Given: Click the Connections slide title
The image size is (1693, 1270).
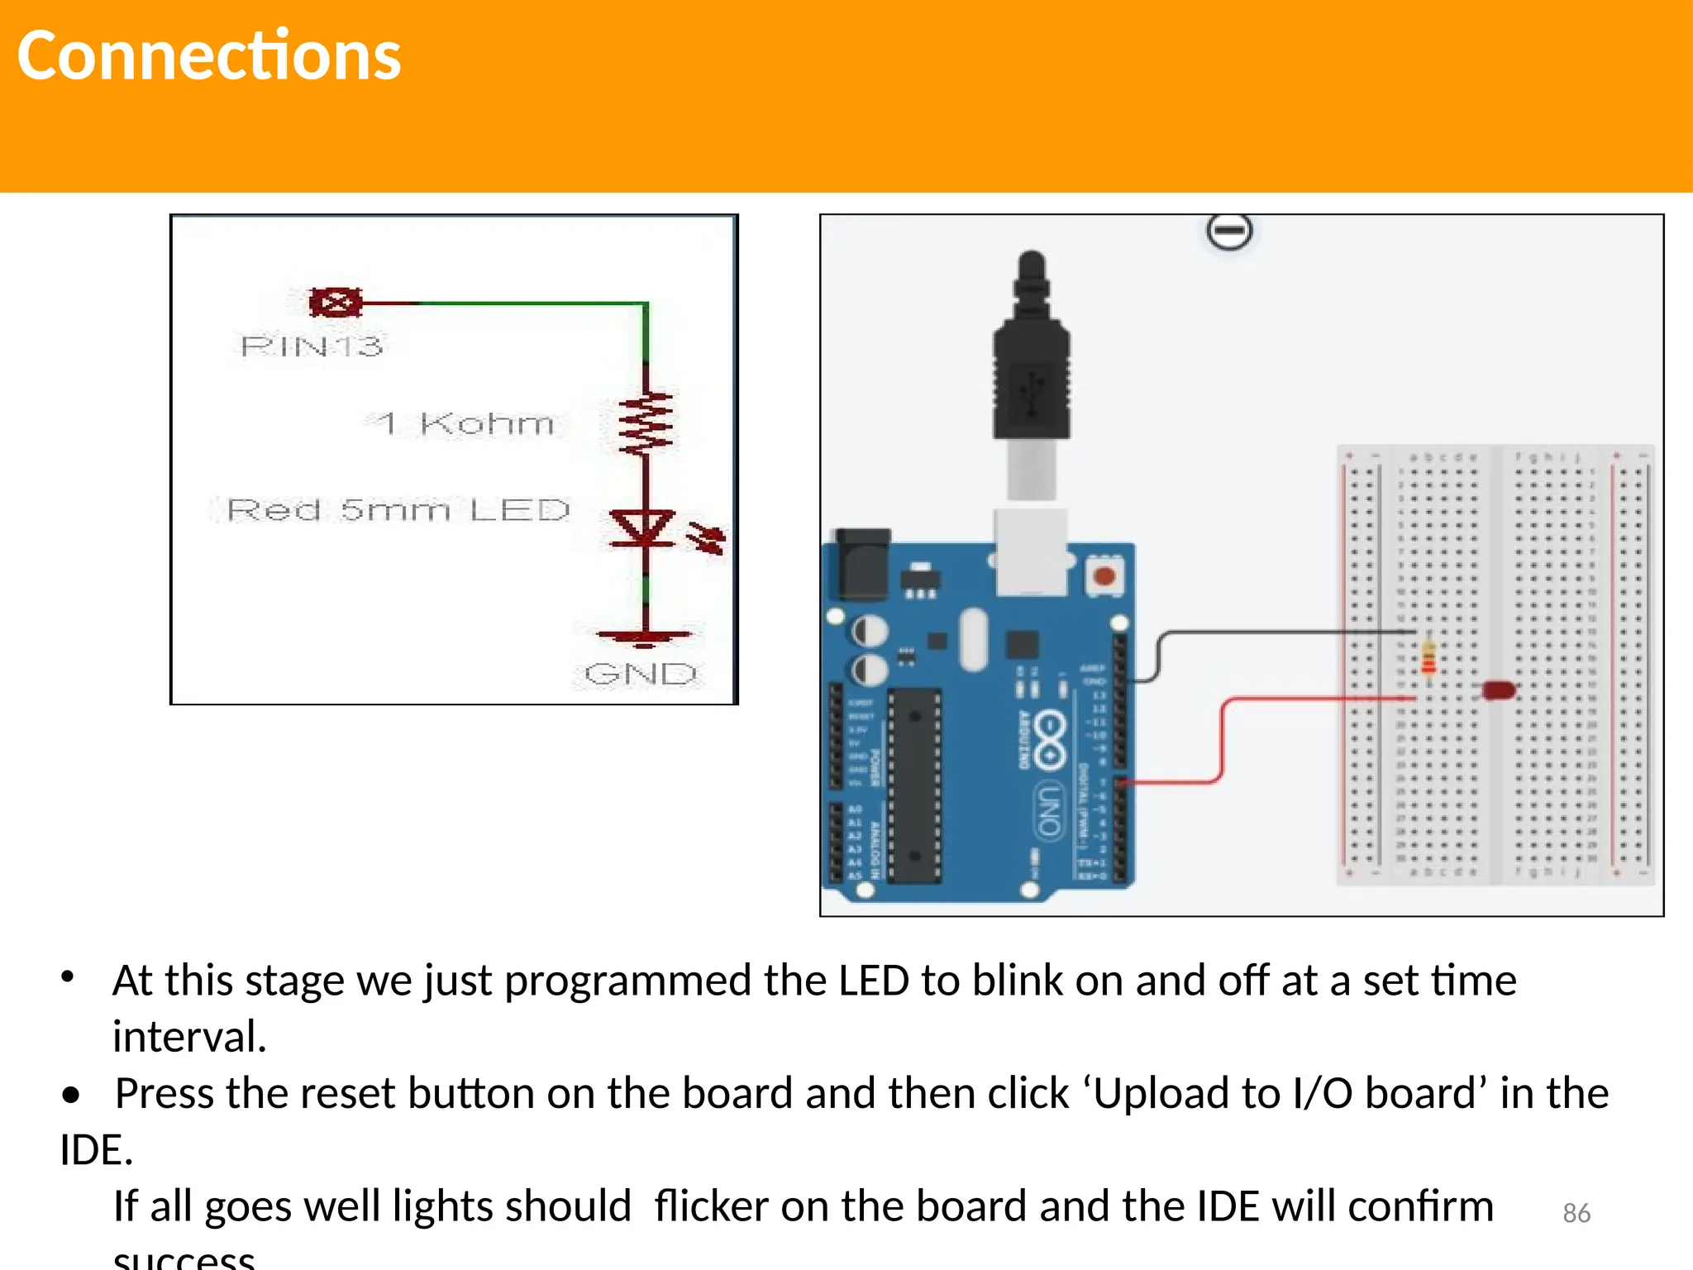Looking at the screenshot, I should [208, 56].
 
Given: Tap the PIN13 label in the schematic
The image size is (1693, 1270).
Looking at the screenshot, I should [312, 346].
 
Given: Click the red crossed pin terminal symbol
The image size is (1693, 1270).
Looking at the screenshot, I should [335, 303].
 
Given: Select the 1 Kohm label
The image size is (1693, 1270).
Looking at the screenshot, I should [460, 423].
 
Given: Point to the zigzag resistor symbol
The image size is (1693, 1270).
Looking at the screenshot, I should [646, 423].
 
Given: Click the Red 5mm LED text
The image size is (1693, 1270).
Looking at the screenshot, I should [398, 509].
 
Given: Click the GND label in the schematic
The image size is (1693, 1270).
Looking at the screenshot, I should [641, 674].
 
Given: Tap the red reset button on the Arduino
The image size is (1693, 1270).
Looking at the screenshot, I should [1104, 575].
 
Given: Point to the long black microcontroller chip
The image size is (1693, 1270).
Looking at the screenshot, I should [914, 785].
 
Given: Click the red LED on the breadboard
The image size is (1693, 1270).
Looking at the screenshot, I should [1498, 690].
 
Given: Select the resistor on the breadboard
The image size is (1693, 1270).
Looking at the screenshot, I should [1428, 658].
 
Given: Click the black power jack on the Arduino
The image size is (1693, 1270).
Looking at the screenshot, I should [863, 564].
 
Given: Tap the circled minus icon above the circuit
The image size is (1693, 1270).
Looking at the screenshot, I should [1229, 231].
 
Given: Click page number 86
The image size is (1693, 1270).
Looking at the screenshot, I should [1576, 1213].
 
